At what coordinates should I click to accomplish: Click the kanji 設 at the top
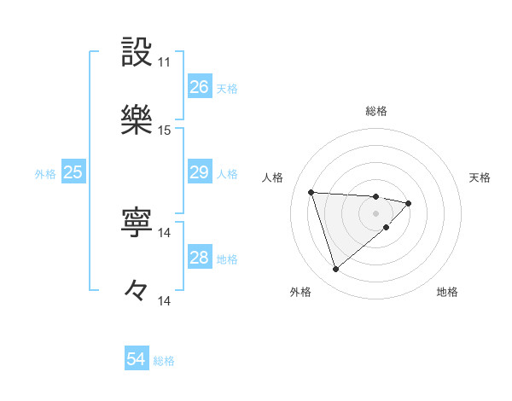(137, 53)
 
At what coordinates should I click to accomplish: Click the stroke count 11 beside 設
(164, 62)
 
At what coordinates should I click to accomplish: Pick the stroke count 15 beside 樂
(164, 131)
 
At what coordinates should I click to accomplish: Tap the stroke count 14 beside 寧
(164, 233)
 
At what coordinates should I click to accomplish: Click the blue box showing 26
(199, 87)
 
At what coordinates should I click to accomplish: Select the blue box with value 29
(199, 172)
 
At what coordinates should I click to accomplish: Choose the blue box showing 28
(199, 258)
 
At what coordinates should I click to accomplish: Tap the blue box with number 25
(73, 172)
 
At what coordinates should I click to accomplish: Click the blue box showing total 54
(136, 359)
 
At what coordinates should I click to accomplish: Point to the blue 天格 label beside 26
(227, 88)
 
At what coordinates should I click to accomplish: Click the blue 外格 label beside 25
(45, 173)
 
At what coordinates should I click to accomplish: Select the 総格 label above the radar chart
(376, 111)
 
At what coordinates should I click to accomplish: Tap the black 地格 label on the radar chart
(447, 293)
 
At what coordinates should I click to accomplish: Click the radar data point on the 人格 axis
(311, 191)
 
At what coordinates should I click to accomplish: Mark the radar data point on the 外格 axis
(335, 270)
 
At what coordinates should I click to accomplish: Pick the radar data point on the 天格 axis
(409, 203)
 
